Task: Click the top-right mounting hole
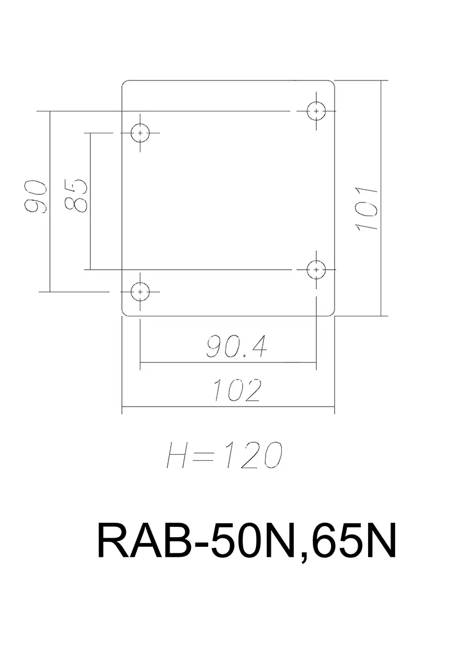coord(316,110)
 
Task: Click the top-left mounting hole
coord(140,133)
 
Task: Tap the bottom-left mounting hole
coord(140,292)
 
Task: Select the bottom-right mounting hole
coord(316,269)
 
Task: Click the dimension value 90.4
coord(236,347)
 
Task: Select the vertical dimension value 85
coord(75,196)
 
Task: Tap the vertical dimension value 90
coord(36,197)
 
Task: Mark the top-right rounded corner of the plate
coord(332,84)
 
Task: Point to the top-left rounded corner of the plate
coord(125,84)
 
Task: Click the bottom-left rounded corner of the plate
coord(125,313)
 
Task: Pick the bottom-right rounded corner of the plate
coord(332,313)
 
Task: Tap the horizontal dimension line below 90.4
coord(172,363)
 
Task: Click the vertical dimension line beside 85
coord(91,230)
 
